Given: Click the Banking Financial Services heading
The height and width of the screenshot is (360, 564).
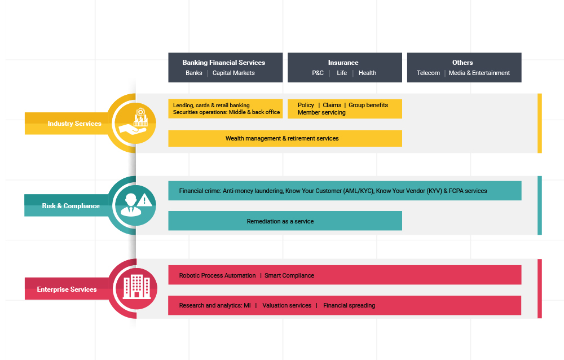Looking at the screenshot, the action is [224, 63].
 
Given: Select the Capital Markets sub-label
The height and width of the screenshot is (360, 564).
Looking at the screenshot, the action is [233, 73].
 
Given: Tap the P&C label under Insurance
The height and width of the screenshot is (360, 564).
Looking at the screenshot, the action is [318, 73].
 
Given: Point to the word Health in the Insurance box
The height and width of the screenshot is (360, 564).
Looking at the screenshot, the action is [367, 73].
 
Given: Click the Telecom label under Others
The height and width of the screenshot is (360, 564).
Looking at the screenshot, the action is [428, 73].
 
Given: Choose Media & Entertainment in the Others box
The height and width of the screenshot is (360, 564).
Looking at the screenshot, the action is [479, 73].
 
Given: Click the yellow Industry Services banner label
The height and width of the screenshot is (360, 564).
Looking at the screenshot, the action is [74, 124].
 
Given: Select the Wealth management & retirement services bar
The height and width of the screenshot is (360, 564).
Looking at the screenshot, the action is [285, 138].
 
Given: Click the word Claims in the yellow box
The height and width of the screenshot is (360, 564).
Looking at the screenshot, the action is [332, 105].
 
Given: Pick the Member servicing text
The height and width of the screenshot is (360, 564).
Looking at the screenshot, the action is [321, 112].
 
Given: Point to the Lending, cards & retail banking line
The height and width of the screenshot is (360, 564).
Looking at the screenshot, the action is [211, 105].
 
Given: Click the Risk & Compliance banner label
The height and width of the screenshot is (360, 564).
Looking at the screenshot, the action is [71, 206].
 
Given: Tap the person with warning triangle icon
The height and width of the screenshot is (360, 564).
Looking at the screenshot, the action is [135, 204].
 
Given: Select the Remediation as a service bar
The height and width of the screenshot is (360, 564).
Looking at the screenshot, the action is [285, 221].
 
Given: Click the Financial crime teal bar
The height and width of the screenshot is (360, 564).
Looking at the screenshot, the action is [345, 191].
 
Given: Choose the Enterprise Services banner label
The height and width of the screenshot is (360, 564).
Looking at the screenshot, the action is [67, 289].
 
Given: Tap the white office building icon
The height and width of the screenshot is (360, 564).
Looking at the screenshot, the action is [136, 287].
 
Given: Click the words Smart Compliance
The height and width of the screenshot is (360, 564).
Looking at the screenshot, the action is [289, 275].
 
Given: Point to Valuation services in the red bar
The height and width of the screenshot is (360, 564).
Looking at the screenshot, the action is [287, 305].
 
